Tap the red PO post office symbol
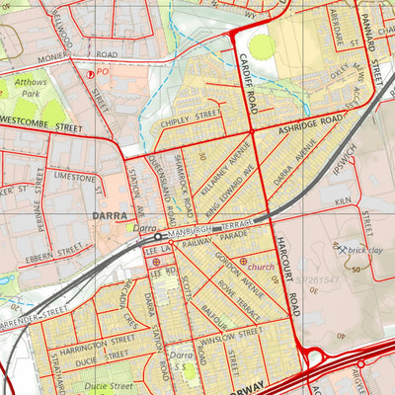92,73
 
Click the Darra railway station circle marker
157,237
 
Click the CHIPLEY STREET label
189,117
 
